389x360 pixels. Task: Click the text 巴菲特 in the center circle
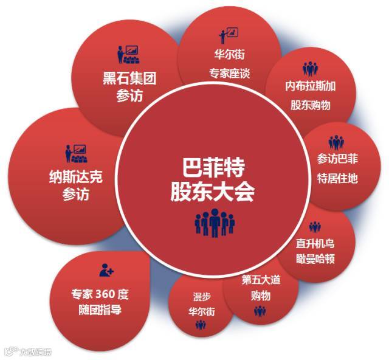click(x=214, y=167)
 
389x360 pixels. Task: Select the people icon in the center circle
click(x=214, y=223)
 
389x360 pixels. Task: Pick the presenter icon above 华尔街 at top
click(x=229, y=33)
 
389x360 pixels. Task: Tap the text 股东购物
click(x=310, y=105)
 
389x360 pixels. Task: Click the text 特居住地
click(x=338, y=178)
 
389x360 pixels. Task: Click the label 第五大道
click(x=260, y=280)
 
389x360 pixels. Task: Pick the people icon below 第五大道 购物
click(x=260, y=311)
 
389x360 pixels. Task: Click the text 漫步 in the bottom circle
click(x=201, y=297)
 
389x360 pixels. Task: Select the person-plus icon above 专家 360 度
click(x=107, y=269)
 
